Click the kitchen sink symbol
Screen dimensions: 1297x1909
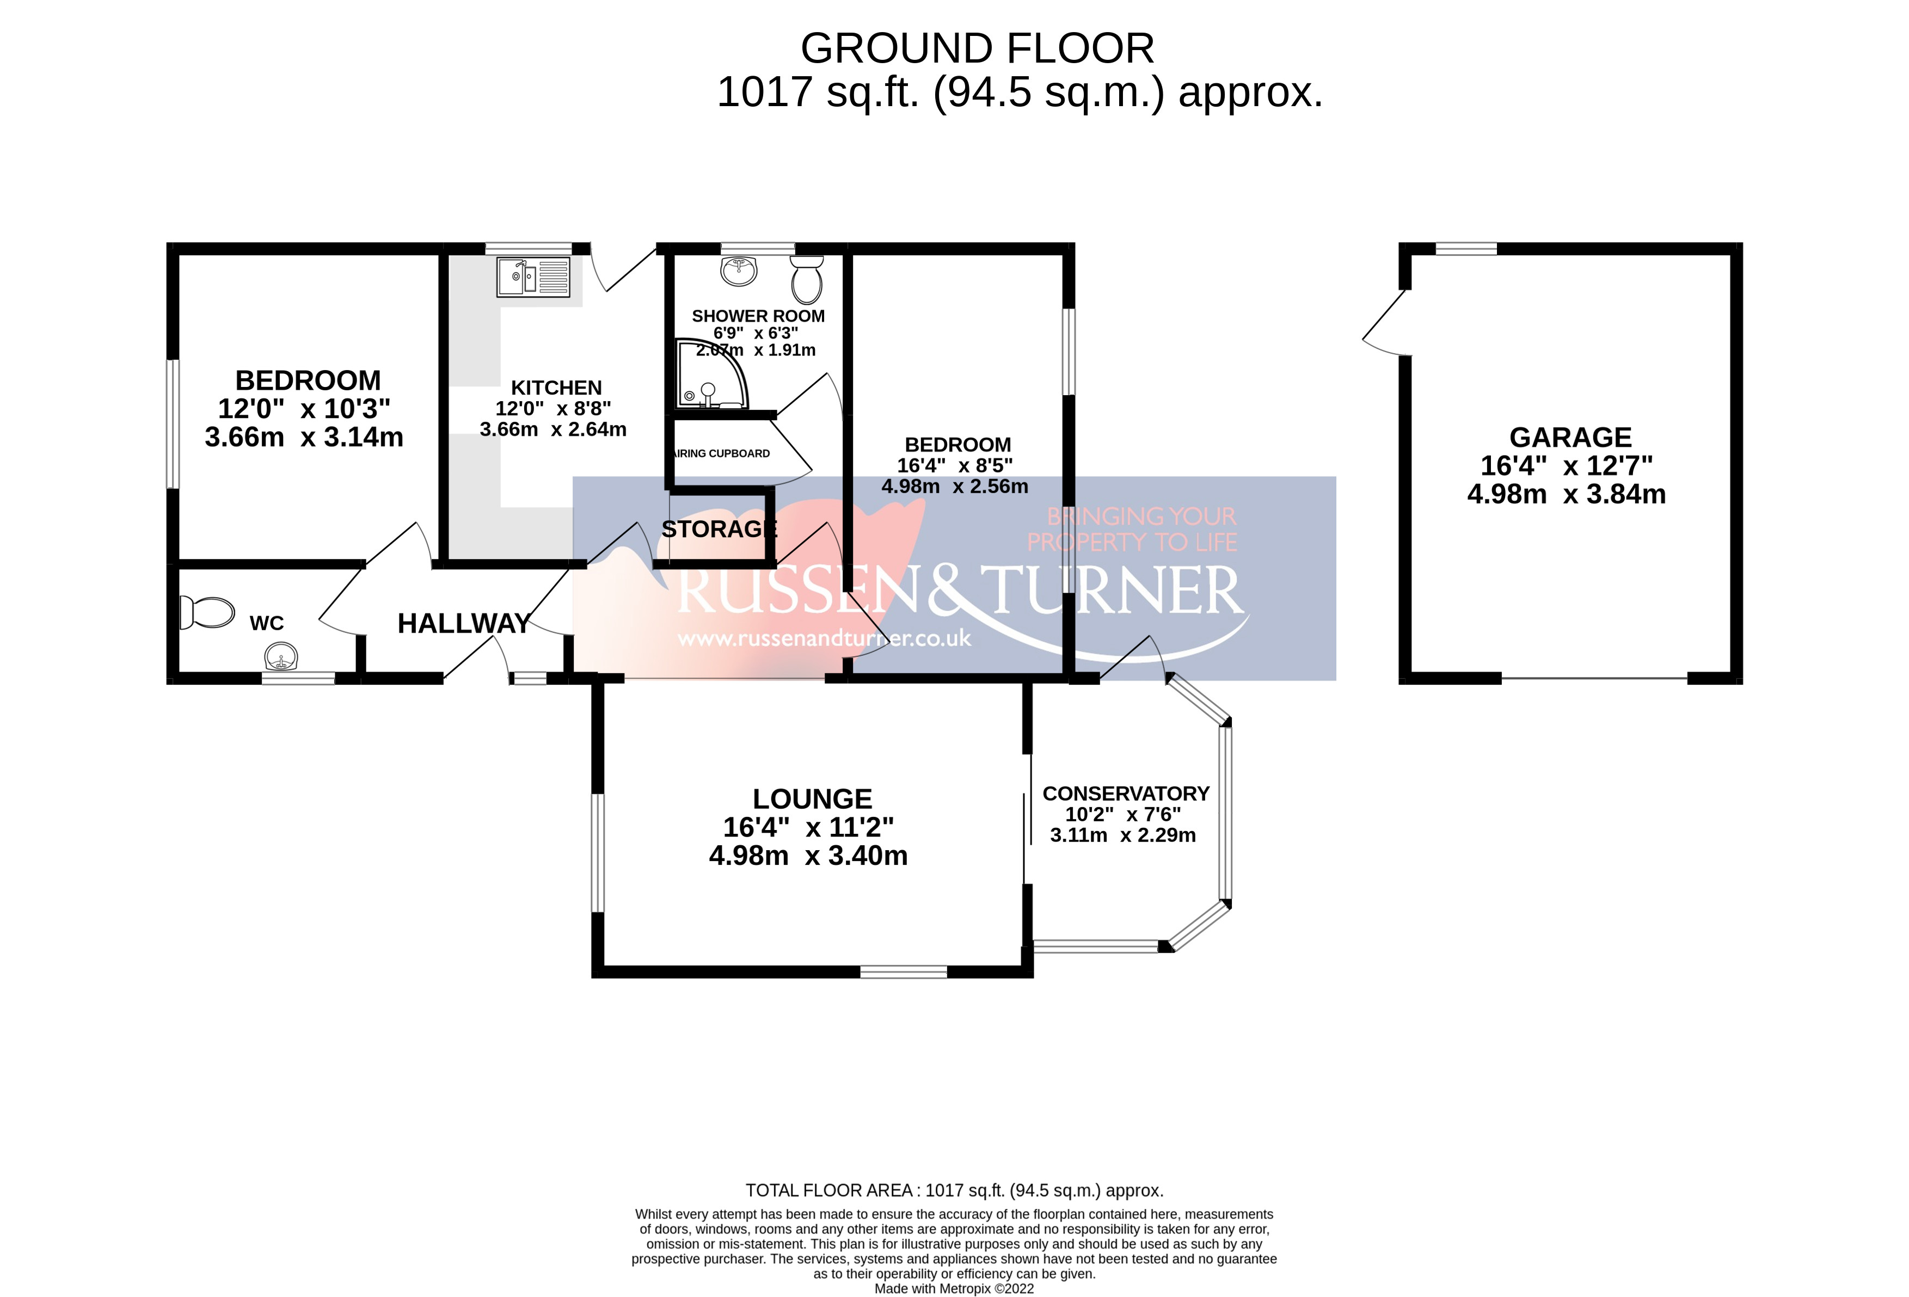click(532, 278)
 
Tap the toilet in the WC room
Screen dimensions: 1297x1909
click(207, 612)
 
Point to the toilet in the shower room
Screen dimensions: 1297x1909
click(807, 279)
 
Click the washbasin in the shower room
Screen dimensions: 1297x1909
click(739, 271)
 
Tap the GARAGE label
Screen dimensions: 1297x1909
click(1570, 437)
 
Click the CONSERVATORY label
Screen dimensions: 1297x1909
click(1125, 794)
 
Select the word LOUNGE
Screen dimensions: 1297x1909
click(812, 798)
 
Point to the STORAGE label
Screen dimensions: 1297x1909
click(719, 529)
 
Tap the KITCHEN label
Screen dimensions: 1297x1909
click(556, 388)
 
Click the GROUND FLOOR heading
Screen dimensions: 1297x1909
click(977, 48)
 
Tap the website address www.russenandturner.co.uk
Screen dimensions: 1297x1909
click(824, 638)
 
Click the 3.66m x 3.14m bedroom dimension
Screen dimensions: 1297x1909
click(304, 437)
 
